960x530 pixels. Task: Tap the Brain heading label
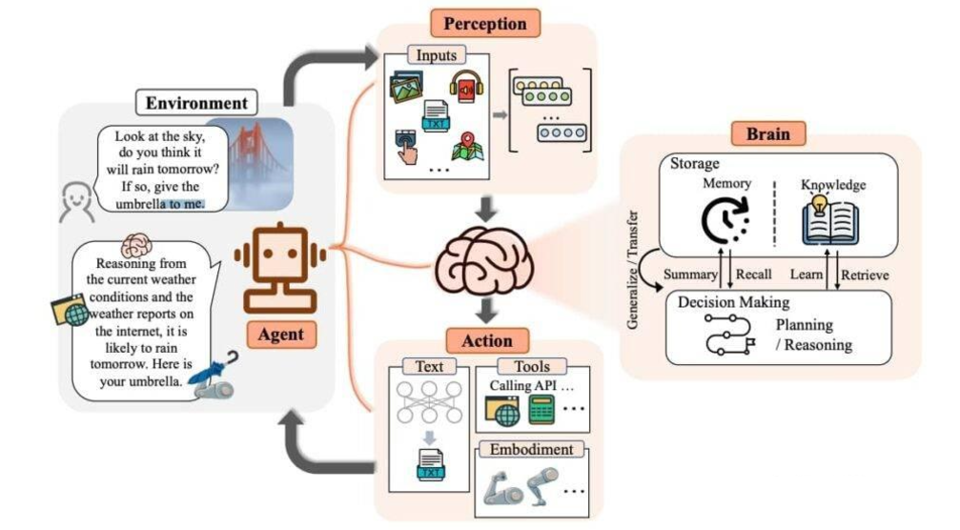pyautogui.click(x=767, y=132)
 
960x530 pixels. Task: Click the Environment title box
pyautogui.click(x=197, y=102)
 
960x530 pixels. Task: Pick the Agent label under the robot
pyautogui.click(x=280, y=335)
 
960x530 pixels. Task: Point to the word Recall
pyautogui.click(x=753, y=275)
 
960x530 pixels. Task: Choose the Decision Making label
pyautogui.click(x=733, y=302)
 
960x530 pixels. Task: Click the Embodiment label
pyautogui.click(x=532, y=449)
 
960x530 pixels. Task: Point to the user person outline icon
pyautogui.click(x=74, y=203)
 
